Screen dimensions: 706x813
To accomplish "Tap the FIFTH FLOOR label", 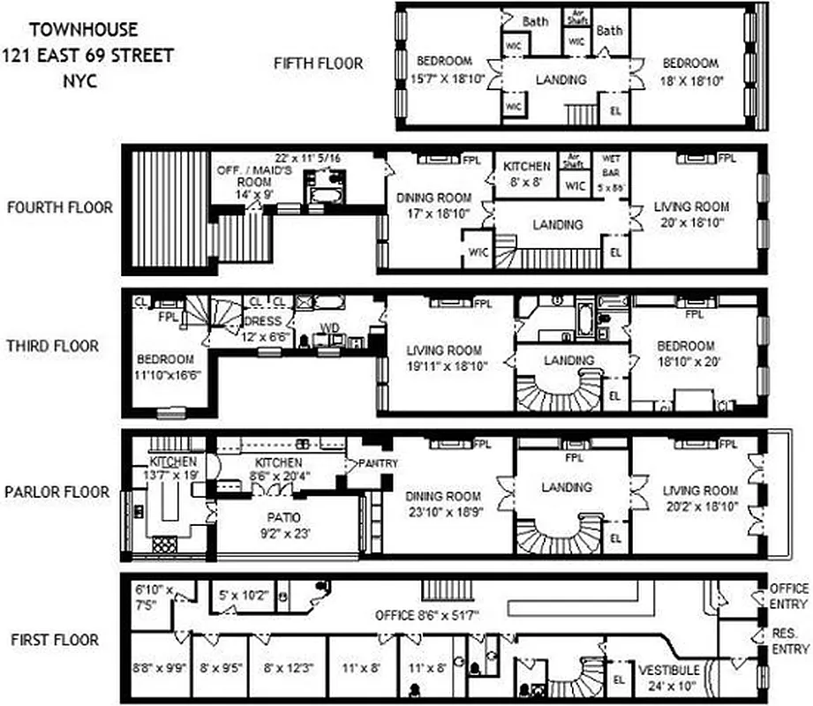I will (x=318, y=63).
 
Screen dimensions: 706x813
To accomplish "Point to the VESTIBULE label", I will (x=669, y=670).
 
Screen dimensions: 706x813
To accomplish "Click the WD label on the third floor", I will (x=329, y=327).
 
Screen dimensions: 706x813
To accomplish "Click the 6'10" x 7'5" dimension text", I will (x=154, y=595).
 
